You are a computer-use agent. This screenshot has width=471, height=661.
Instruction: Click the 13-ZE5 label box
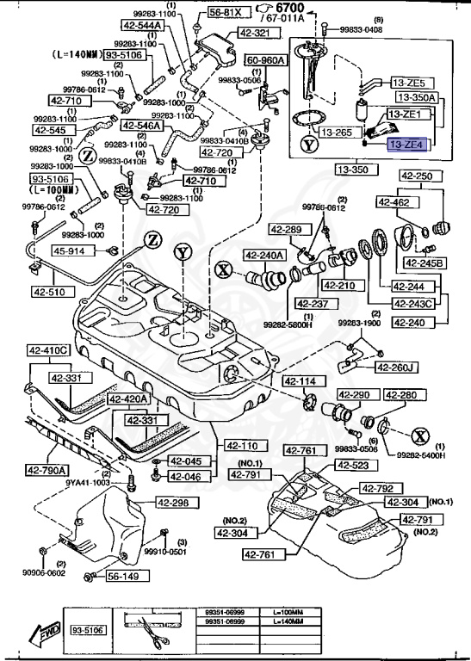tap(409, 83)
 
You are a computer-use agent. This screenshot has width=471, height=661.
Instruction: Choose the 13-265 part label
tap(338, 133)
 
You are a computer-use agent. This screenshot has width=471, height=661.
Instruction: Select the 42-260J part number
tap(397, 368)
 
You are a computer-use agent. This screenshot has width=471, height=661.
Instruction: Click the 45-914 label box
tap(70, 251)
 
